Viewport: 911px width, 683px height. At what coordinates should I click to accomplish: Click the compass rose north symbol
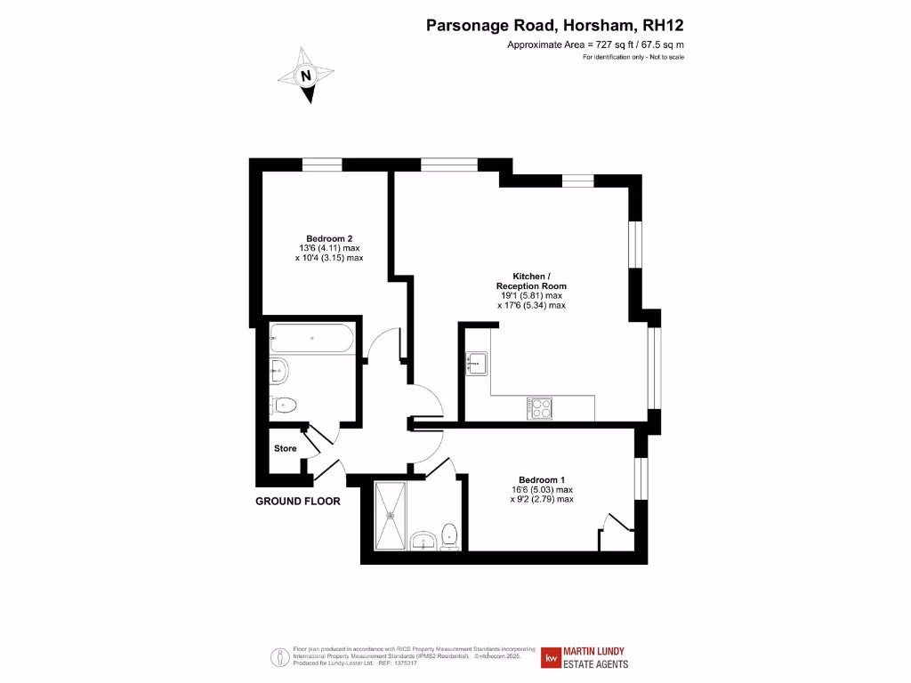click(x=307, y=76)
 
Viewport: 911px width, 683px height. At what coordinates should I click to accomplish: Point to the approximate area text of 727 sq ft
click(x=594, y=44)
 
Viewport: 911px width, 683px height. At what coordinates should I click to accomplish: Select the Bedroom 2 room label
click(x=329, y=238)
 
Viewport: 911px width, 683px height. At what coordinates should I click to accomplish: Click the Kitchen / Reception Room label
click(x=531, y=280)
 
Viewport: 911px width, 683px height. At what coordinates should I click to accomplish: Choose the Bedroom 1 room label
click(x=541, y=479)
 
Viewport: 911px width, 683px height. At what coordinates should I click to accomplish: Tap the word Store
click(x=285, y=448)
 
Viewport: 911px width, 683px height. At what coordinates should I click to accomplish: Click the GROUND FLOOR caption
click(x=298, y=501)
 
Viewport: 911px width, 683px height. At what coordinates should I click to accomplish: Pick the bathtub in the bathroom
click(x=311, y=337)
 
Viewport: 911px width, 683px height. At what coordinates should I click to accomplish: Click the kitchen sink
click(x=476, y=362)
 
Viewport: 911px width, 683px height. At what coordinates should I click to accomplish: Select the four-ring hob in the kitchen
click(x=540, y=407)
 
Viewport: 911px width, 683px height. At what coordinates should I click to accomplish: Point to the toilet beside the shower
click(x=450, y=536)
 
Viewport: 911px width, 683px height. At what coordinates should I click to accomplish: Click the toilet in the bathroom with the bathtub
click(x=283, y=405)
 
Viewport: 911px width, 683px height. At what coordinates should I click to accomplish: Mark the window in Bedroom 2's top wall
click(x=322, y=165)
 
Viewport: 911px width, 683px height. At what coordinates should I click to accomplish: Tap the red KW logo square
click(x=552, y=658)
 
